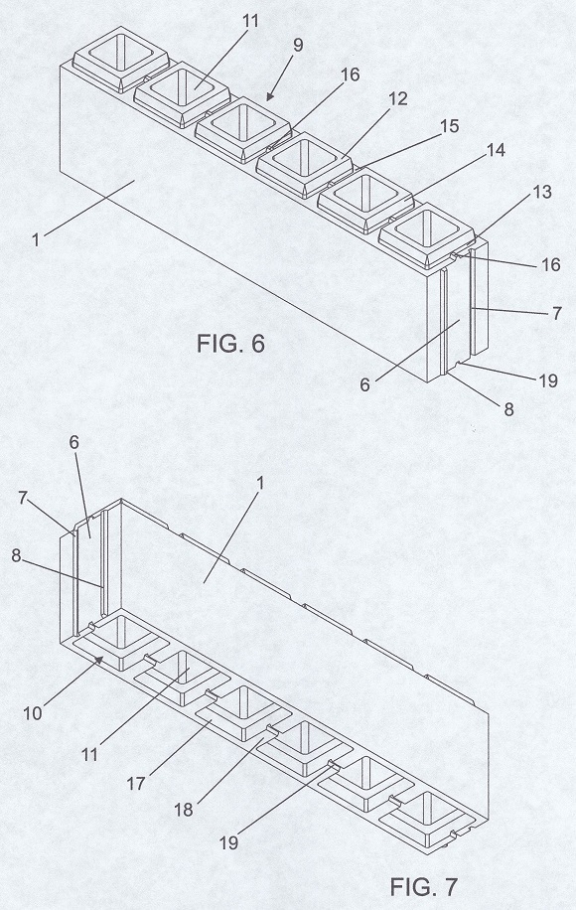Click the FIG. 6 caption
coord(230,344)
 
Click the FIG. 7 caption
coord(423,886)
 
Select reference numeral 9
coord(298,46)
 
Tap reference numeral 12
coord(397,98)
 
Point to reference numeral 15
coord(449,126)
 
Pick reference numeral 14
coord(495,150)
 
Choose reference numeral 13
coord(540,192)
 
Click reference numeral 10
coord(33,712)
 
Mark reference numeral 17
coord(136,784)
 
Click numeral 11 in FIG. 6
coord(249,21)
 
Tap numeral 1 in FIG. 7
coord(260,484)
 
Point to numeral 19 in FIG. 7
coord(229,842)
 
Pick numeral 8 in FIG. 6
coord(508,409)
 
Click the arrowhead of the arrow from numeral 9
coord(268,97)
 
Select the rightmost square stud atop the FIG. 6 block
coord(427,235)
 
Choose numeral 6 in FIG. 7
coord(73,442)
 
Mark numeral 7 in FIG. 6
coord(556,313)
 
